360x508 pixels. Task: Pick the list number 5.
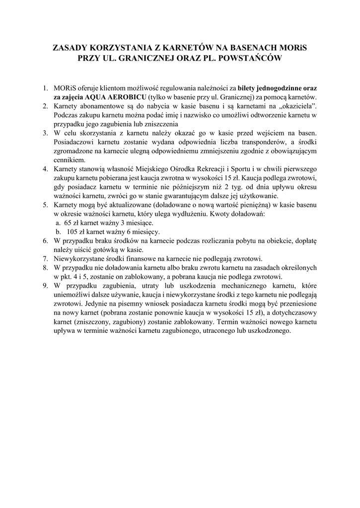click(x=45, y=205)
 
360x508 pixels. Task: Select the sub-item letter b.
click(x=58, y=232)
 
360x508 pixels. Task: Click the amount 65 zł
click(x=72, y=223)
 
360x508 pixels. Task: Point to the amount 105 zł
click(x=74, y=232)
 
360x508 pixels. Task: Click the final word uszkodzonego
click(x=268, y=330)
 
